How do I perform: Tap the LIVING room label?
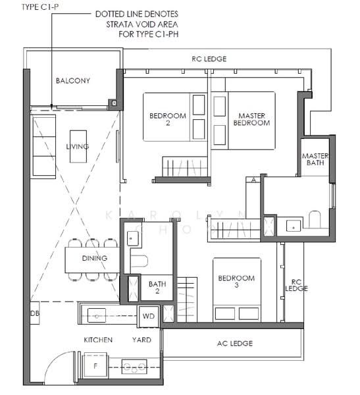pyautogui.click(x=77, y=146)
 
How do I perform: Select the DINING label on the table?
pyautogui.click(x=95, y=258)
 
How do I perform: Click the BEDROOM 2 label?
pyautogui.click(x=168, y=120)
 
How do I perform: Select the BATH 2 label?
pyautogui.click(x=157, y=288)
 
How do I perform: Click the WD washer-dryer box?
pyautogui.click(x=149, y=317)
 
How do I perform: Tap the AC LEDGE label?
pyautogui.click(x=234, y=343)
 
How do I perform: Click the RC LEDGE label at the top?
pyautogui.click(x=209, y=59)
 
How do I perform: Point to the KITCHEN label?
pyautogui.click(x=97, y=340)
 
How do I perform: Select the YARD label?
pyautogui.click(x=141, y=340)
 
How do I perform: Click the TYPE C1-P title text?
pyautogui.click(x=24, y=7)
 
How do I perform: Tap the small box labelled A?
pyautogui.click(x=253, y=180)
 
